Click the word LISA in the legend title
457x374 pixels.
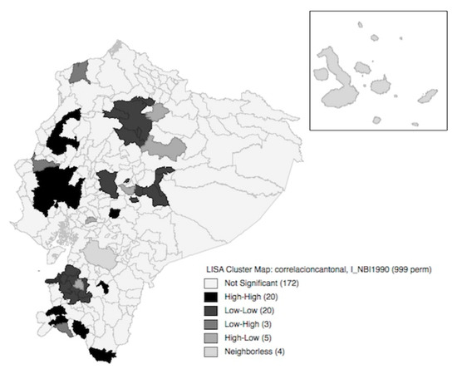click(215, 270)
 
